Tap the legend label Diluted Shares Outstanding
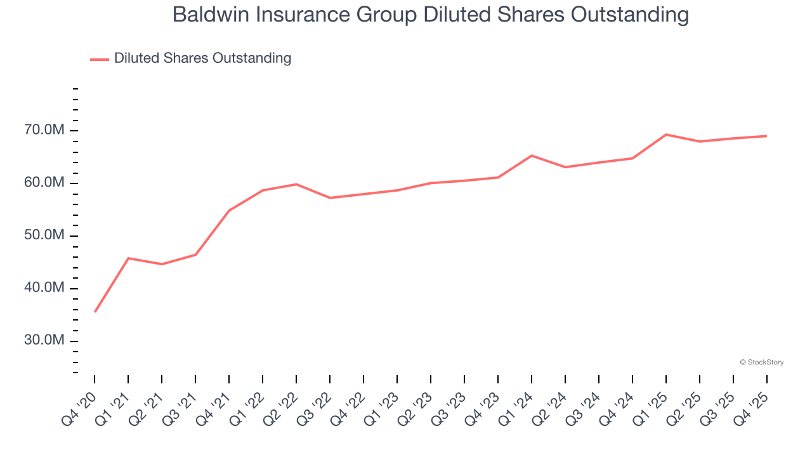tap(202, 58)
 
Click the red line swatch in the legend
tap(100, 59)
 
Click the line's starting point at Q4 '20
tap(95, 312)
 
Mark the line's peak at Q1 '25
tap(666, 135)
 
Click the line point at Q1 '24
tap(532, 156)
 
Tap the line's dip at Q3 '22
tap(330, 198)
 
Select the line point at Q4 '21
tap(229, 210)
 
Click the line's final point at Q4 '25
tap(766, 136)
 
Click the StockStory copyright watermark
tap(761, 362)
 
